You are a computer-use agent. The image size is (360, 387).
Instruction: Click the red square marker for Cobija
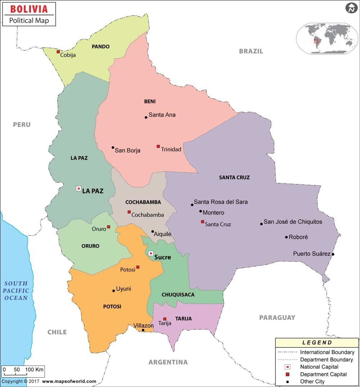click(58, 52)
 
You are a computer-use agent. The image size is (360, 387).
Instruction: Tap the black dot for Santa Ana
click(146, 117)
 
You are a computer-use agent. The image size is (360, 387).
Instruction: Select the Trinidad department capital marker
click(158, 146)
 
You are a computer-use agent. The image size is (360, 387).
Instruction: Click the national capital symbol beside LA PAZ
click(78, 188)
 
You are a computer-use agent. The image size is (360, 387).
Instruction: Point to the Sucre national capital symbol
click(151, 253)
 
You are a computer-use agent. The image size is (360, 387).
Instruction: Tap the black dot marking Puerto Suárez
click(333, 254)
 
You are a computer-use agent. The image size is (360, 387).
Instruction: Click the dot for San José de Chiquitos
click(261, 224)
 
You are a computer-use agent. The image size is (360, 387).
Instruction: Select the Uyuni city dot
click(114, 290)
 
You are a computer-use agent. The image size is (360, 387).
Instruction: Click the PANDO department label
click(100, 46)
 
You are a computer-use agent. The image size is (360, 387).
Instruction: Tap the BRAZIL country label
click(251, 51)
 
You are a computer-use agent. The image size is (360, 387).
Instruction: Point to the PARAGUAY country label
click(277, 317)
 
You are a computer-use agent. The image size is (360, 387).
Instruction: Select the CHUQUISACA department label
click(178, 295)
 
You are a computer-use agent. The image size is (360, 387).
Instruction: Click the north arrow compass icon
click(351, 8)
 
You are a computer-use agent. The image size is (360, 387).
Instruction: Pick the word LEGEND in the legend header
click(317, 343)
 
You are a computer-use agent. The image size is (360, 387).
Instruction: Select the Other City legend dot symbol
click(288, 382)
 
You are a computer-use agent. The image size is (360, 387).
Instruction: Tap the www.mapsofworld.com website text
click(69, 381)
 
